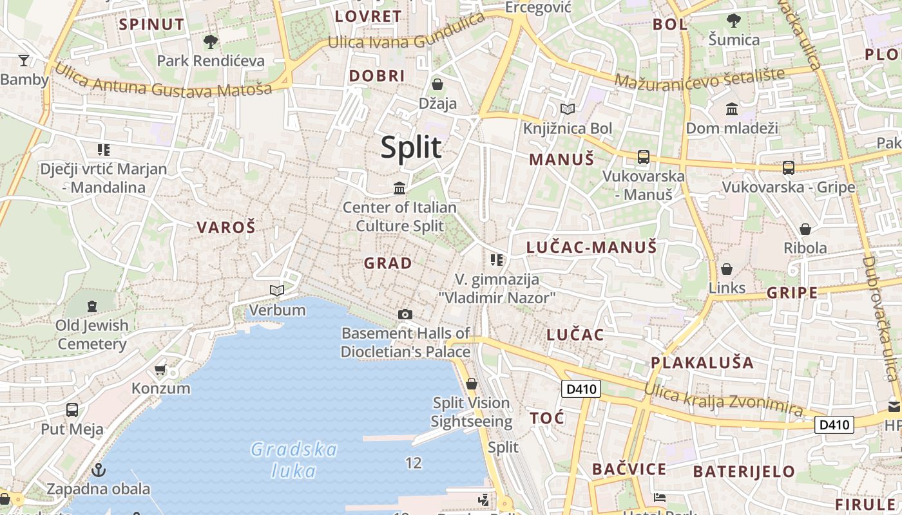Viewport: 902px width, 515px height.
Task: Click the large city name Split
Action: point(411,147)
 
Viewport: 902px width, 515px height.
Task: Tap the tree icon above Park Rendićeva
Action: point(210,42)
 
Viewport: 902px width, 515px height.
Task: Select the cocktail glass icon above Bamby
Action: point(24,61)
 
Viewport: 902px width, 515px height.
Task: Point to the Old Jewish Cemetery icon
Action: point(91,306)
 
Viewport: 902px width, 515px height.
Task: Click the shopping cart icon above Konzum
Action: point(160,370)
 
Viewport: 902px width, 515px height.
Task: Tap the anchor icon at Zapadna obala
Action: point(99,469)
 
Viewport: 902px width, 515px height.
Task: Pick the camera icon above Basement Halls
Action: point(405,314)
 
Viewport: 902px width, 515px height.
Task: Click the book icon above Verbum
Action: point(277,290)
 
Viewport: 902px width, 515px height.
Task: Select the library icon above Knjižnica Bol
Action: point(567,109)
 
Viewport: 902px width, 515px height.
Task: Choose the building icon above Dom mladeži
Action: point(731,109)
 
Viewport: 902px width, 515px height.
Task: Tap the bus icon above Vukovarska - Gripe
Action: point(788,167)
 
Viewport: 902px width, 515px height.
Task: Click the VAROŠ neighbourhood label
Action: point(226,227)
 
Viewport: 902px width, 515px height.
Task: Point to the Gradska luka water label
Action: point(294,460)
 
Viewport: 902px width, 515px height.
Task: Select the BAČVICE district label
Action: point(629,469)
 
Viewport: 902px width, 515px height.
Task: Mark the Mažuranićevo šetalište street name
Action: point(700,77)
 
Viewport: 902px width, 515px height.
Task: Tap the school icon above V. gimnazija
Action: point(496,260)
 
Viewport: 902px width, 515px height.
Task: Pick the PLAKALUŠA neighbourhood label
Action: point(702,362)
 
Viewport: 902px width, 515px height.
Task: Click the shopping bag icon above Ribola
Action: point(805,229)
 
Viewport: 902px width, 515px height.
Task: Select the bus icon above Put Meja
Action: point(72,409)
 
